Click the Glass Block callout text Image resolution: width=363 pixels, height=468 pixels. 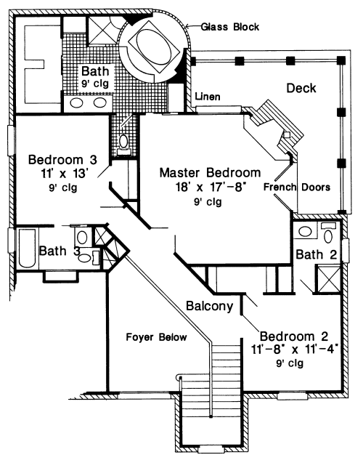coord(230,27)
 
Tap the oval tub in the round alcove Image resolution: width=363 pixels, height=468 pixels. coord(155,50)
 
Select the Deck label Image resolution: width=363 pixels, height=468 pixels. coord(301,88)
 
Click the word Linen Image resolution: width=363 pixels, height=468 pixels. coord(208,97)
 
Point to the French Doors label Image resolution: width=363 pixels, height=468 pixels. coord(297,187)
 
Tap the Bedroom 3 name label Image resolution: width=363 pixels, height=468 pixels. coord(62,160)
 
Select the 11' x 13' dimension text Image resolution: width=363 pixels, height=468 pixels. coord(63,174)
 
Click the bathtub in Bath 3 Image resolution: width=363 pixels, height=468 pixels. coord(27,249)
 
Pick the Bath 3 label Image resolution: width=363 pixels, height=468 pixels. coord(60,251)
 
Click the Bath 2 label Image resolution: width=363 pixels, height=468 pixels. coord(316,254)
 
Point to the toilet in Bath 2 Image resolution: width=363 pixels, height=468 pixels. coord(328,233)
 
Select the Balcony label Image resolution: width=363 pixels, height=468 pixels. coord(209,306)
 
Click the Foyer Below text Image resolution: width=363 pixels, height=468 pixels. coord(156,337)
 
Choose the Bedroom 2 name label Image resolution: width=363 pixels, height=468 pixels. coord(294,336)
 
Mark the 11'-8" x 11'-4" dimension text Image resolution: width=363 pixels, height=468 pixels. coord(295,350)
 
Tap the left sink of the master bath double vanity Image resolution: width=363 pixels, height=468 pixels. coord(77,103)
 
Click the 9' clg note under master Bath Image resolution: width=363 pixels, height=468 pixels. coord(95,84)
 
